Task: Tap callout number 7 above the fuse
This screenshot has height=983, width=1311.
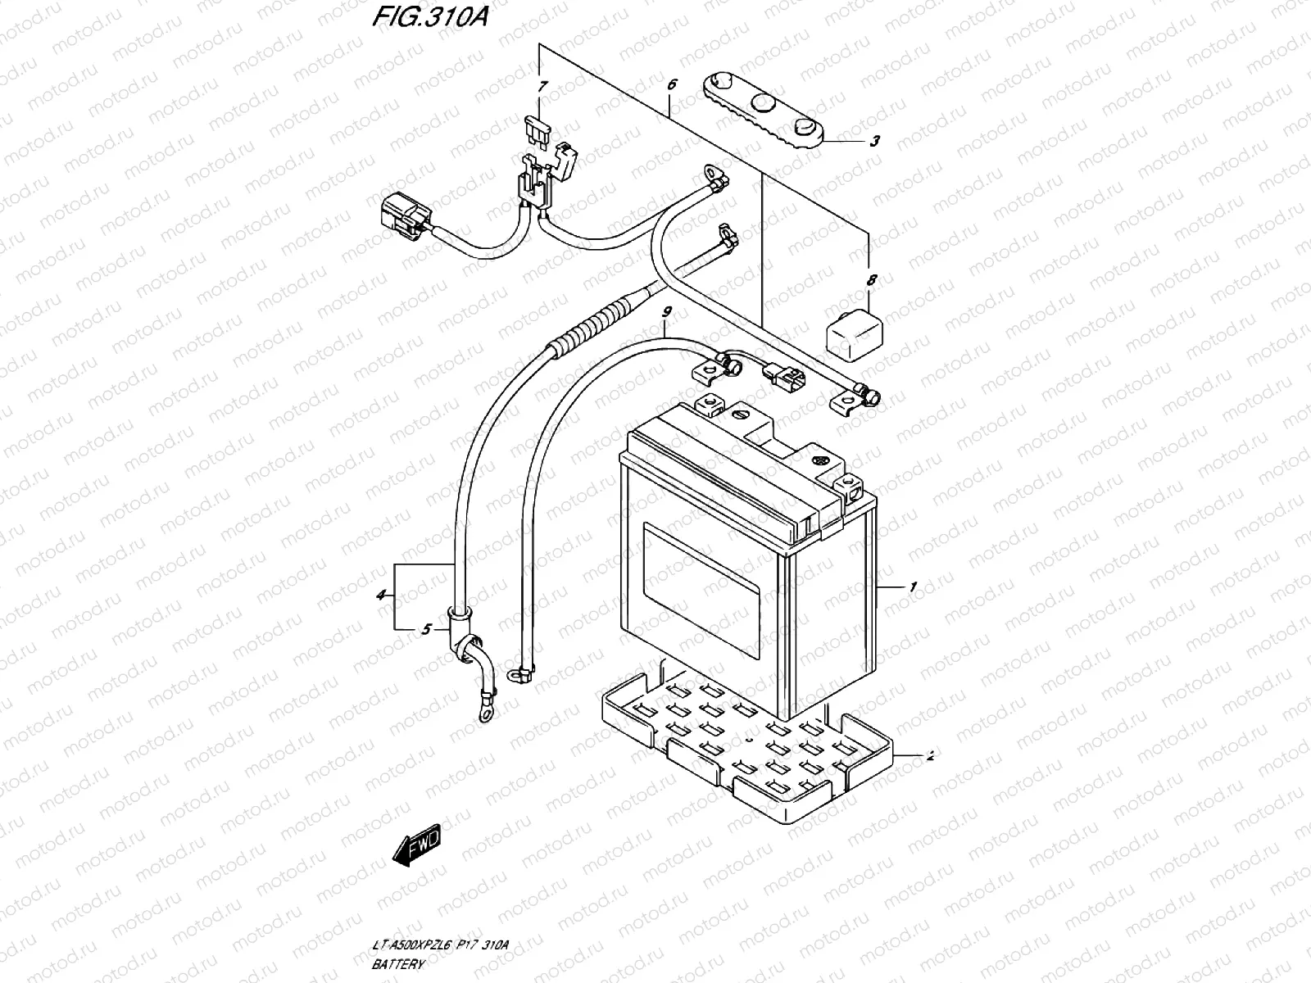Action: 542,87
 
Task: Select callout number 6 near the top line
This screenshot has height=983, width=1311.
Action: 672,84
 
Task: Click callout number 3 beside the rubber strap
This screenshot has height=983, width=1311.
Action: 874,141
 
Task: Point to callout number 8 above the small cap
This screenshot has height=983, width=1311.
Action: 871,281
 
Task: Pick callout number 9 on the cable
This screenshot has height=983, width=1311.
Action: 667,312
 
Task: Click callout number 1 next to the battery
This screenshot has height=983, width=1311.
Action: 912,587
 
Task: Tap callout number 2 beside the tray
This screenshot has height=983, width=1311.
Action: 929,756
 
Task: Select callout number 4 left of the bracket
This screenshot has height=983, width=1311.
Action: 381,596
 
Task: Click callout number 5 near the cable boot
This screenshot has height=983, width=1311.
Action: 426,629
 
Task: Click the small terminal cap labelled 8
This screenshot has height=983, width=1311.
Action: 852,334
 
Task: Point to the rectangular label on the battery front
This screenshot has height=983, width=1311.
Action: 703,590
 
